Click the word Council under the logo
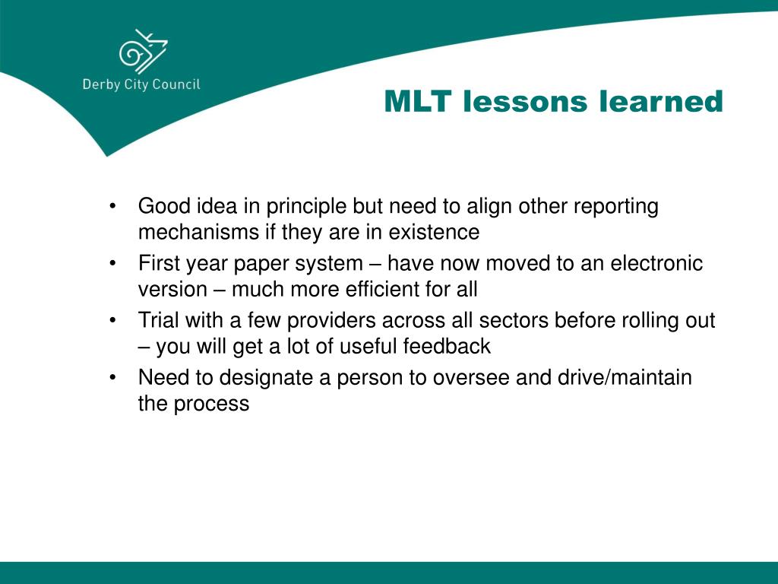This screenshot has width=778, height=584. click(x=176, y=84)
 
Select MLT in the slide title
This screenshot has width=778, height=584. click(x=417, y=101)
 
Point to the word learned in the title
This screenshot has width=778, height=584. click(x=661, y=101)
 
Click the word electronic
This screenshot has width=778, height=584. click(x=656, y=263)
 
